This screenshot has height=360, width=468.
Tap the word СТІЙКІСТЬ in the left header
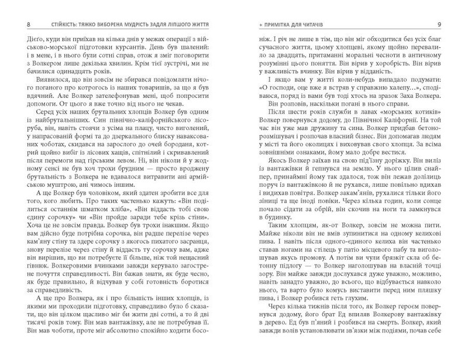[x=50, y=25]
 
